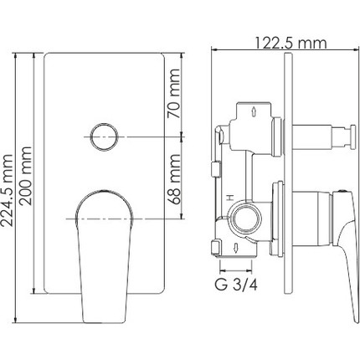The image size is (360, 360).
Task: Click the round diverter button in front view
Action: click(x=104, y=135)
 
